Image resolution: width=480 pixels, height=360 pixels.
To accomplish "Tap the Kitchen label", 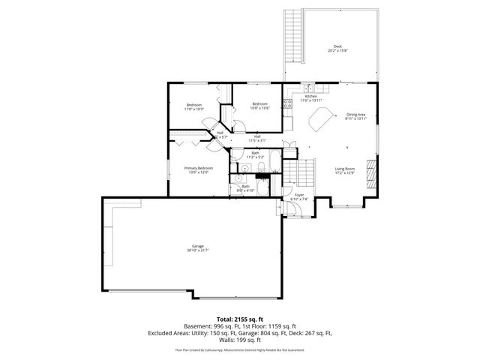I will pos(310,97).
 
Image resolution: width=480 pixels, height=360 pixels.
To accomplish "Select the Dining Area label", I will pos(355,115).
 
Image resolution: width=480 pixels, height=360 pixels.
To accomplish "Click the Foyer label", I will pos(298,196).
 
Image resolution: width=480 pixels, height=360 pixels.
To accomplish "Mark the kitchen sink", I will pos(307,87).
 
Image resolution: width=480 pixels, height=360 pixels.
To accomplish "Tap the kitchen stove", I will pos(288,104).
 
